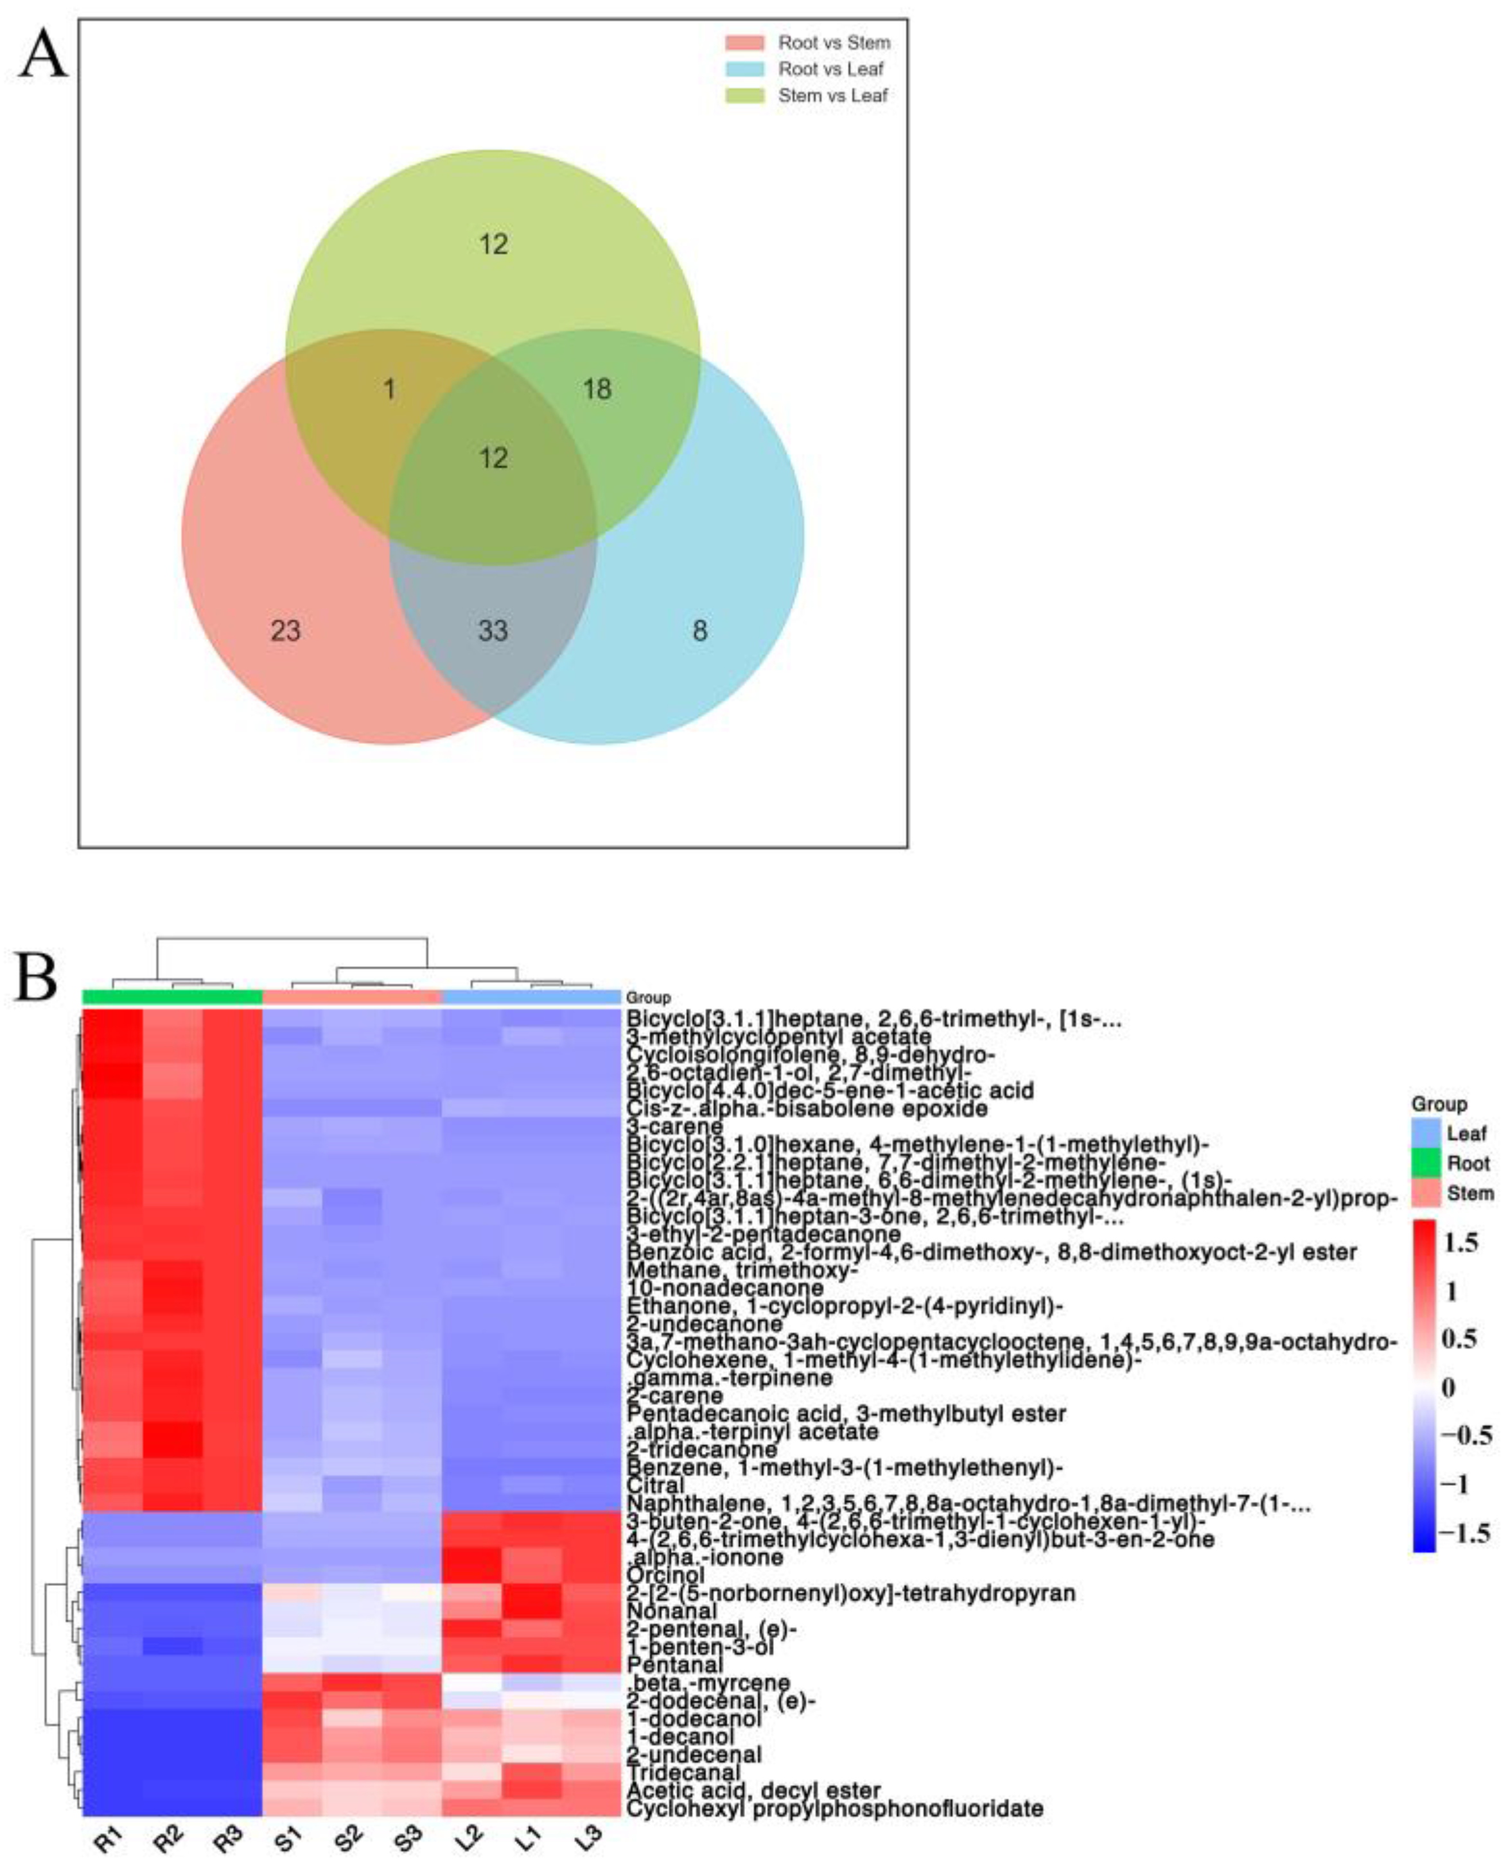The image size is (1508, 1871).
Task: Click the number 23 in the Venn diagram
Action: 286,630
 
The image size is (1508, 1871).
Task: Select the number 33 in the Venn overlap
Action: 493,630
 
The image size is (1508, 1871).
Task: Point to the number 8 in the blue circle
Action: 699,630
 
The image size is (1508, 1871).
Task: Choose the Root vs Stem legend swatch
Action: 744,42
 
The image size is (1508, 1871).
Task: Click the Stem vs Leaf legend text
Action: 832,96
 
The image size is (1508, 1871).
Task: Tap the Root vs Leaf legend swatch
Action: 744,69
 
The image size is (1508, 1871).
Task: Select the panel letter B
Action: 37,978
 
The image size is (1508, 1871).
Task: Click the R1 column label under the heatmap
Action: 109,1837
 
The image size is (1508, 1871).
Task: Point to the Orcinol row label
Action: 665,1575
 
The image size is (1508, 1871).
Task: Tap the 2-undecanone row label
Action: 705,1324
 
